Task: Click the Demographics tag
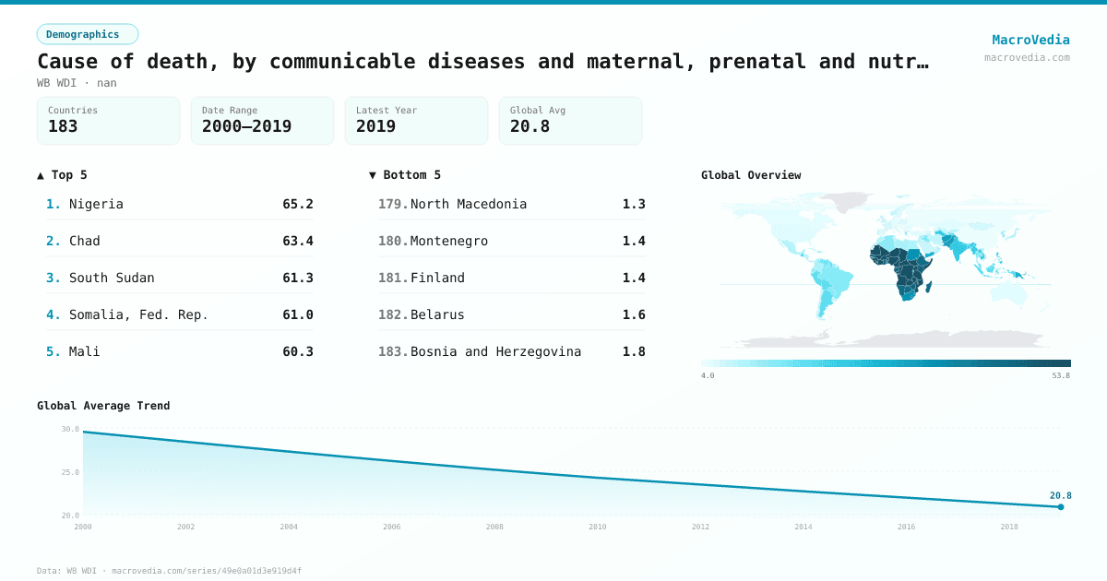88,34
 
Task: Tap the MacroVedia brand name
1030,40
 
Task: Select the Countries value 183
63,127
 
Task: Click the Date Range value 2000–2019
246,127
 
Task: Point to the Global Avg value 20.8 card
570,121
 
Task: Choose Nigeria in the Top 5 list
96,204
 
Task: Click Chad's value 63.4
298,241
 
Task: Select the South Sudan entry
112,278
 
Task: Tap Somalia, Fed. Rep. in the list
138,314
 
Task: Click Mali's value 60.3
298,351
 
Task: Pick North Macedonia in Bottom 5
469,204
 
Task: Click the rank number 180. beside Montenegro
393,241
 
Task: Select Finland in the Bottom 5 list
437,278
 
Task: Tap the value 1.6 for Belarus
634,314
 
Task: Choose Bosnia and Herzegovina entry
495,351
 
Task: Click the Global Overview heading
751,175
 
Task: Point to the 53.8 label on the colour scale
1061,375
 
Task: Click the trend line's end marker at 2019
1061,506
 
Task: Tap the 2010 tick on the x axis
598,527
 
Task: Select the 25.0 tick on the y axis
70,472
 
